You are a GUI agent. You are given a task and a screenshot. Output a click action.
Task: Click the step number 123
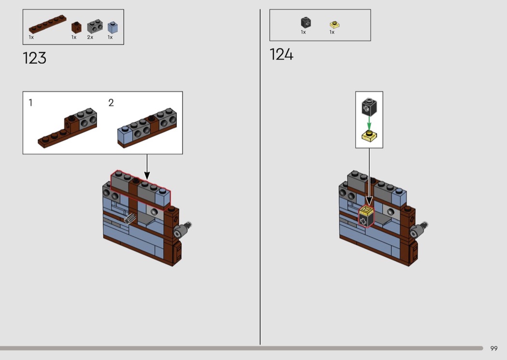point(35,58)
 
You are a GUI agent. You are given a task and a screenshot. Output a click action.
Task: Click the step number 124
point(282,55)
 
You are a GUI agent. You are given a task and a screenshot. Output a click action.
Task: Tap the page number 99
point(494,348)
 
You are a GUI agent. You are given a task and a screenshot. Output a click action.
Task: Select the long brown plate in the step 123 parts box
point(47,24)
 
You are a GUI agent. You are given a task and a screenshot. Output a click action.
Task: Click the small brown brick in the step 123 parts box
point(76,28)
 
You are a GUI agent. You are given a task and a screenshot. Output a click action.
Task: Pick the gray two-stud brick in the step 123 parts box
point(95,27)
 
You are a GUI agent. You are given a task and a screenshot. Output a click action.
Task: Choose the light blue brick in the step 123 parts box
point(113,28)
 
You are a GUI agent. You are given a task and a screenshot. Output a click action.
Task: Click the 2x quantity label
point(90,38)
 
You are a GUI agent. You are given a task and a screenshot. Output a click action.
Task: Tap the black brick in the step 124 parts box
point(306,23)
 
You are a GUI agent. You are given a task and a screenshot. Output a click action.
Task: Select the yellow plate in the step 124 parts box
point(335,25)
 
